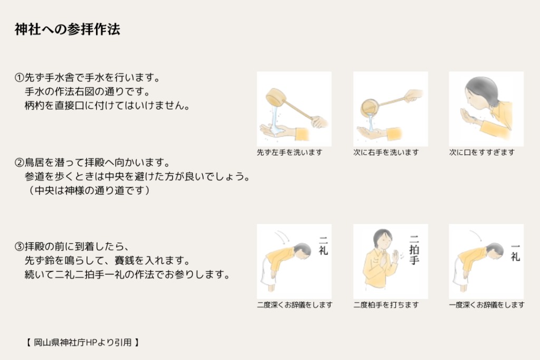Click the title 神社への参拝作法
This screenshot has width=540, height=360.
point(67,30)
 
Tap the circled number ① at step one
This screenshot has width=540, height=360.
point(20,77)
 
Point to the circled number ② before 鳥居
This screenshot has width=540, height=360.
point(20,162)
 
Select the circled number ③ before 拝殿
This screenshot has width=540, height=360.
point(20,247)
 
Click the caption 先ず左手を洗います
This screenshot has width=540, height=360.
point(290,152)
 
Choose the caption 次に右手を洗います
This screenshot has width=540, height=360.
point(386,152)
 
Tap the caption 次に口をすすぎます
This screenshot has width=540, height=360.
point(482,152)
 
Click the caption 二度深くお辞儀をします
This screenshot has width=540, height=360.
point(294,305)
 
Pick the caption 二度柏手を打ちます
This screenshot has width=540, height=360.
point(386,305)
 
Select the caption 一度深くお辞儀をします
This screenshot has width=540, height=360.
point(487,305)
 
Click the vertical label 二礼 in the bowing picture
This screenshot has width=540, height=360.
point(323,246)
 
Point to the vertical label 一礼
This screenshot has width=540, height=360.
point(515,252)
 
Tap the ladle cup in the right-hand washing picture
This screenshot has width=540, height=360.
point(370,107)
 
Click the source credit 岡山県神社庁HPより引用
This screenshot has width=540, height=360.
point(83,343)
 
